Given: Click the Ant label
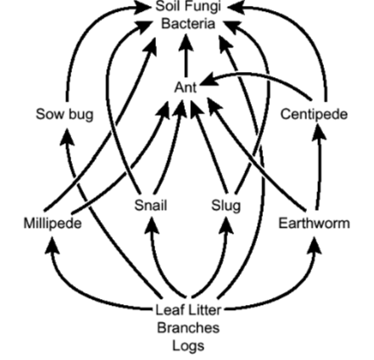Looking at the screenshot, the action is (x=186, y=87).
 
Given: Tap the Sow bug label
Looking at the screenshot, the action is (x=64, y=114).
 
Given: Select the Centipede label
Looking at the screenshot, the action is (x=314, y=114).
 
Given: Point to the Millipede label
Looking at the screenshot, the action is (x=53, y=224).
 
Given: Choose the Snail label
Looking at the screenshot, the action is (x=151, y=205).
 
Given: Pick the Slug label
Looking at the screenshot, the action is (x=226, y=205).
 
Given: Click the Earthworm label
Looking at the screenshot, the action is (x=315, y=224).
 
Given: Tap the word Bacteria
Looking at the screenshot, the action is (x=188, y=24).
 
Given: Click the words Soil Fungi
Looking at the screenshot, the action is (x=188, y=6).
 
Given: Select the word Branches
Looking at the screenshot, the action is (x=188, y=328).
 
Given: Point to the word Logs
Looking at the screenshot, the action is (x=188, y=346).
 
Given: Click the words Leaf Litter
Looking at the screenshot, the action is (x=188, y=310).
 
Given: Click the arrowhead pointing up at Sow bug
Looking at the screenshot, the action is (x=67, y=137).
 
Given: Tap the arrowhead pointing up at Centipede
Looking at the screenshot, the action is (x=319, y=131).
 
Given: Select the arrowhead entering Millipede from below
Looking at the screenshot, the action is (x=53, y=245).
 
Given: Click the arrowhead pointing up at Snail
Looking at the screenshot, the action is (x=152, y=225).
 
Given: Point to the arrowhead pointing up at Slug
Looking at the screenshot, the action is (x=226, y=225).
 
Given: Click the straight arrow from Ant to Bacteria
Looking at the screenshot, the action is (x=186, y=55).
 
